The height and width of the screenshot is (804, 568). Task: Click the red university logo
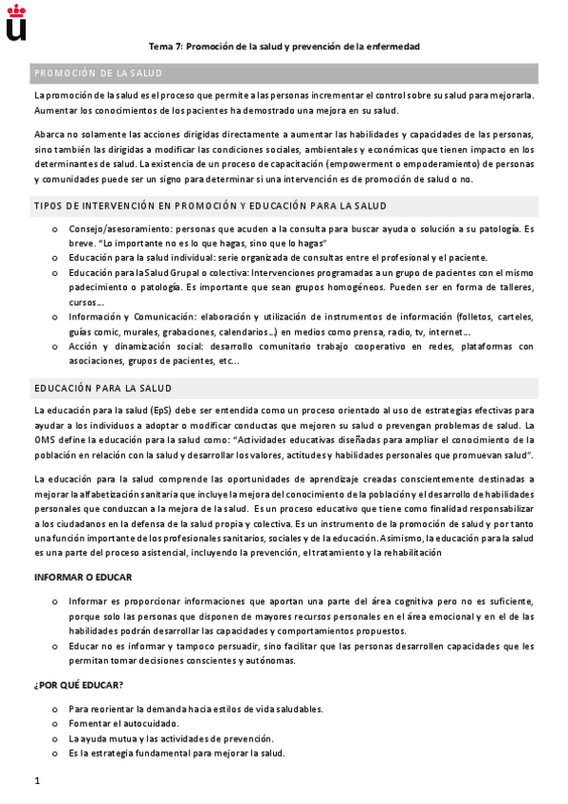16,23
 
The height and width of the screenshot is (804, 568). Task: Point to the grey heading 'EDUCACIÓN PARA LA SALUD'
102,389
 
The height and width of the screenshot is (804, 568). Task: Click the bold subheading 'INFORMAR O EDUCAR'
82,576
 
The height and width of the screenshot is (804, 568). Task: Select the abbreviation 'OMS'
45,440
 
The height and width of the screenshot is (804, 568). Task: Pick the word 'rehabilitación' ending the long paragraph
408,552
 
